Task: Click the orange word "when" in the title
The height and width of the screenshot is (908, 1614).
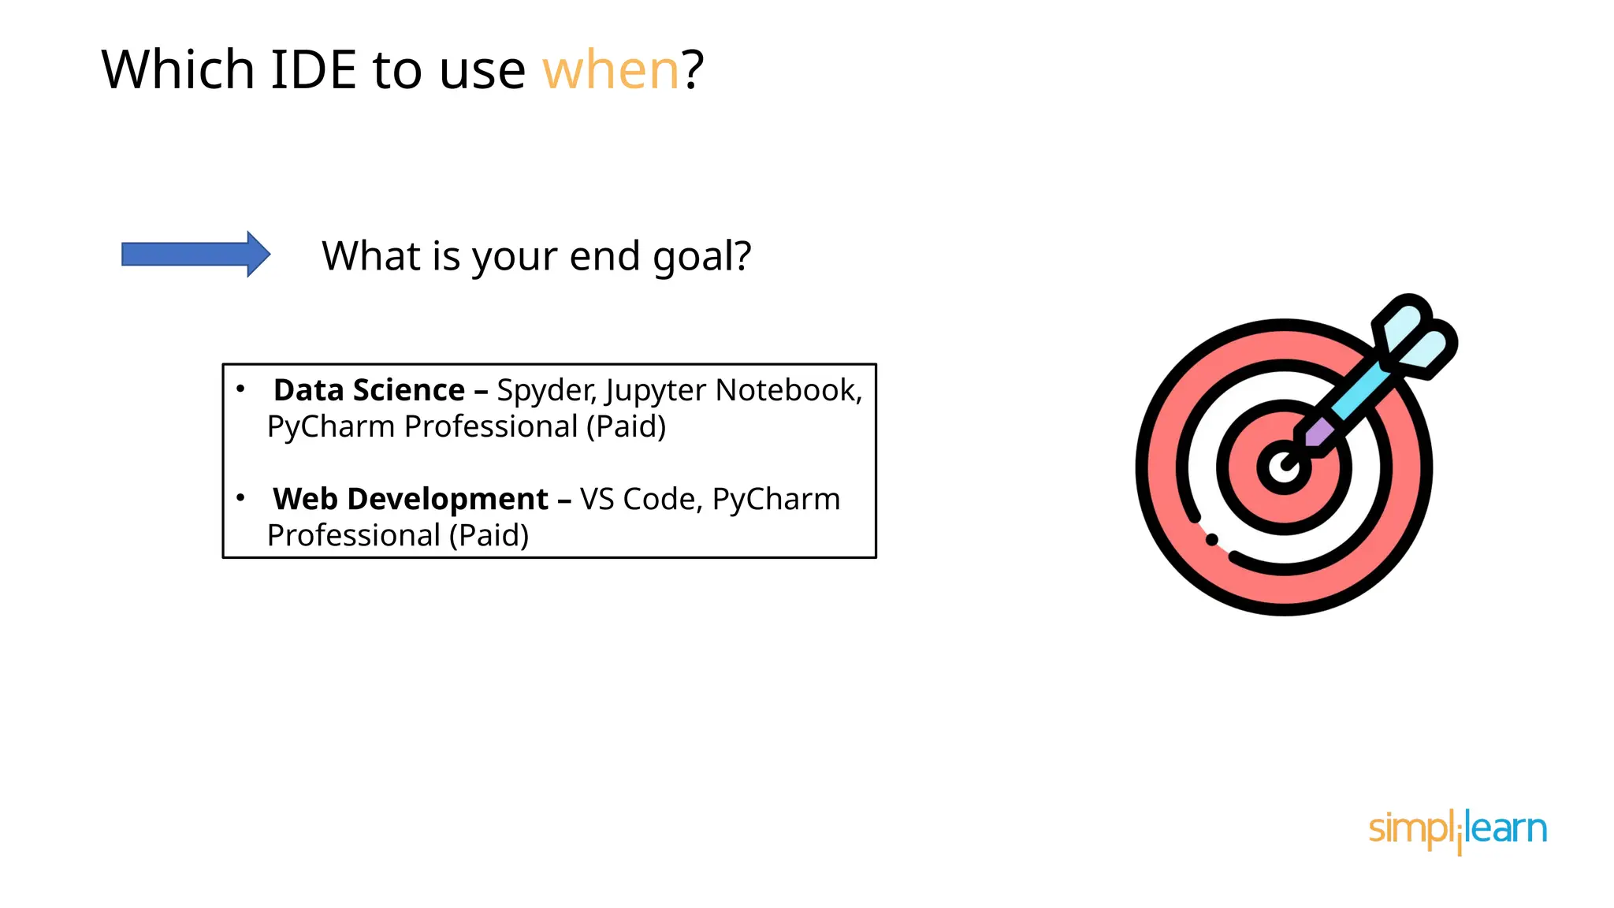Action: point(610,70)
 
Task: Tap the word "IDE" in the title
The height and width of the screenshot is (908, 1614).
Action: point(314,70)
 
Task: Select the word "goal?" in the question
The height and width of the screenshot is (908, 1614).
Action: point(701,257)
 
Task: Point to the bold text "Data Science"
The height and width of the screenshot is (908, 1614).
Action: point(369,390)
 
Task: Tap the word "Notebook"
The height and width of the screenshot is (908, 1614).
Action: point(788,390)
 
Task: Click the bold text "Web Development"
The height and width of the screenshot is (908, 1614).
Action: point(410,499)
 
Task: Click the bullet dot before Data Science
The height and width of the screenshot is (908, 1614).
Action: point(240,389)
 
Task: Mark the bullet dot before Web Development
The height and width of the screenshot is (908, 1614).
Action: point(240,497)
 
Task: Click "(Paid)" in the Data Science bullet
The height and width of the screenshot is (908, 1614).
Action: point(626,427)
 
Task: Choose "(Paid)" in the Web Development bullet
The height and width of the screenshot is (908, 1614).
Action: point(489,536)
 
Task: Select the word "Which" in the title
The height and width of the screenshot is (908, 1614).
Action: point(178,70)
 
